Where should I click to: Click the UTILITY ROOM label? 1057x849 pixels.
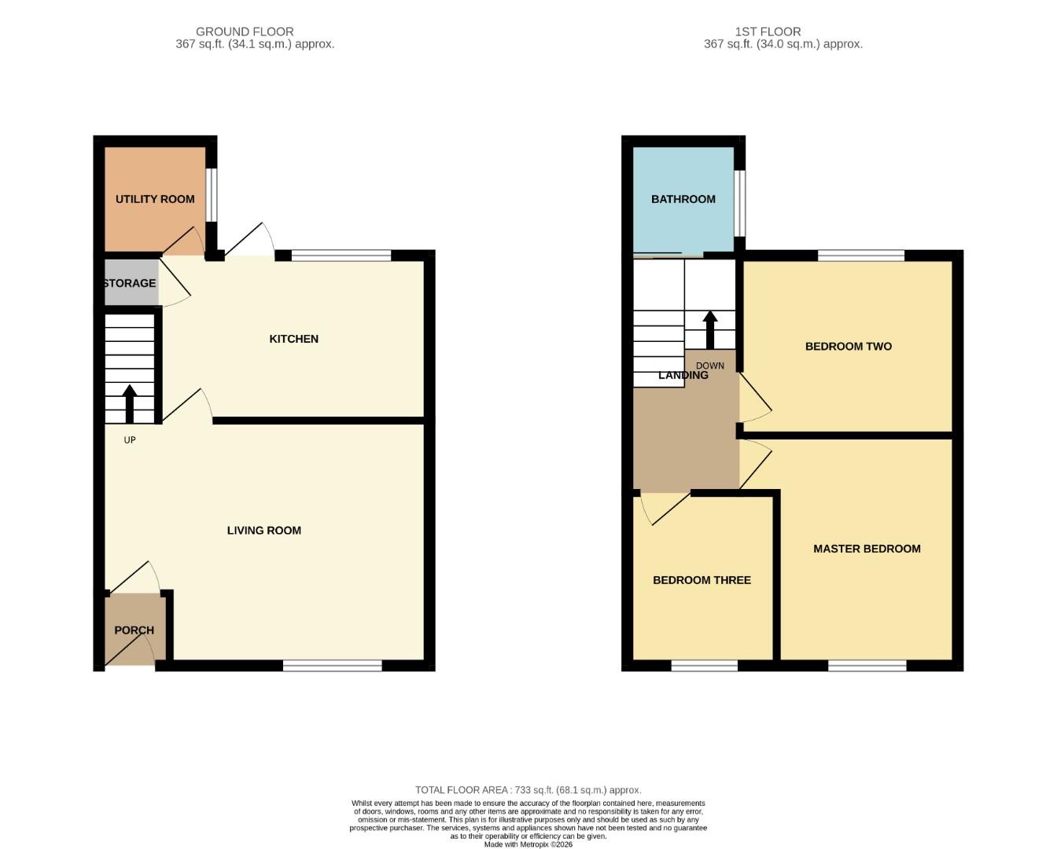click(155, 199)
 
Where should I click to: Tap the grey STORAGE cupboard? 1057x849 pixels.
click(131, 283)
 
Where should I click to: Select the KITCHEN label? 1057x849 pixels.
click(293, 339)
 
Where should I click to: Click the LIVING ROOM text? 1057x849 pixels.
click(264, 531)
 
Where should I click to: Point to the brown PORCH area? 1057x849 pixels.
click(134, 630)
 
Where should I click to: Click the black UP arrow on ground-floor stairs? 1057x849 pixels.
click(130, 403)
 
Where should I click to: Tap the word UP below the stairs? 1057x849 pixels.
click(130, 440)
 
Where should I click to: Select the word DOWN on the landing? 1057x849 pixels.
click(709, 366)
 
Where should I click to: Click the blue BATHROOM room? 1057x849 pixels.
click(683, 199)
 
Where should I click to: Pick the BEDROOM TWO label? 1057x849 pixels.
click(848, 346)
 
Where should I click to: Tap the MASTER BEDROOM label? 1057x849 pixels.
click(867, 549)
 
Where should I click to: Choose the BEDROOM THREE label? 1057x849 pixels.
click(702, 580)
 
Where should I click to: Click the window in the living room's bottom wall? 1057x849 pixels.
click(332, 666)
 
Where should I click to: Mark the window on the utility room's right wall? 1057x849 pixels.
click(212, 196)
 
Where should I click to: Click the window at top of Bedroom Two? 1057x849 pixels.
click(860, 255)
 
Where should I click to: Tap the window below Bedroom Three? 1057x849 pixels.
click(704, 666)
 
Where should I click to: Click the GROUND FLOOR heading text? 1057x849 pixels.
click(245, 31)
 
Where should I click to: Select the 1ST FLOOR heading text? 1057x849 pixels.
click(768, 31)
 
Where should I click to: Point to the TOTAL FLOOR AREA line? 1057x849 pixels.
click(528, 790)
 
